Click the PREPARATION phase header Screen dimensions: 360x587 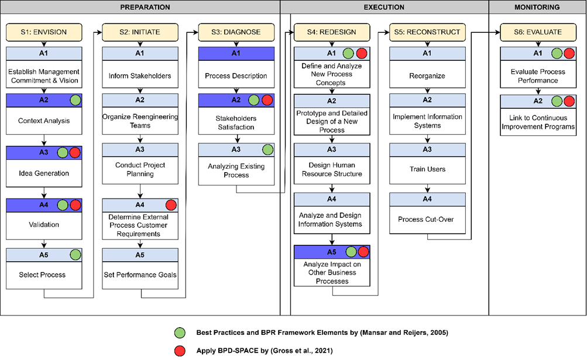coord(145,7)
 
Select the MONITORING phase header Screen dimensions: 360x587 coord(537,7)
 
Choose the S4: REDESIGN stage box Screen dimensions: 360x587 coord(332,32)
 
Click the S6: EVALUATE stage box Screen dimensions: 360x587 coord(538,32)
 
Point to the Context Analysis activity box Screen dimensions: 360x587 coord(44,121)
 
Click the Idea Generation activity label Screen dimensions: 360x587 coord(44,173)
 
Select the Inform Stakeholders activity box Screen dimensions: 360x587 coord(140,76)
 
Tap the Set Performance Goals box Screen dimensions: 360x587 coord(140,275)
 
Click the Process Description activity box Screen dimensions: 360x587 coord(236,76)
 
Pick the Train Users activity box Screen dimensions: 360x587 coord(428,169)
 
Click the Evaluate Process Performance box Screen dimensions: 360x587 coord(538,76)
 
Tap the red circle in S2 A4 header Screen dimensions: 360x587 coord(171,205)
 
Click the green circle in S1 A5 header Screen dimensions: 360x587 coord(75,255)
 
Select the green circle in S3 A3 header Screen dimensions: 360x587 coord(267,150)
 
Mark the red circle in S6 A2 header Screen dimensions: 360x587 coord(568,102)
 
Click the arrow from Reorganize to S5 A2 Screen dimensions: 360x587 coord(428,91)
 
